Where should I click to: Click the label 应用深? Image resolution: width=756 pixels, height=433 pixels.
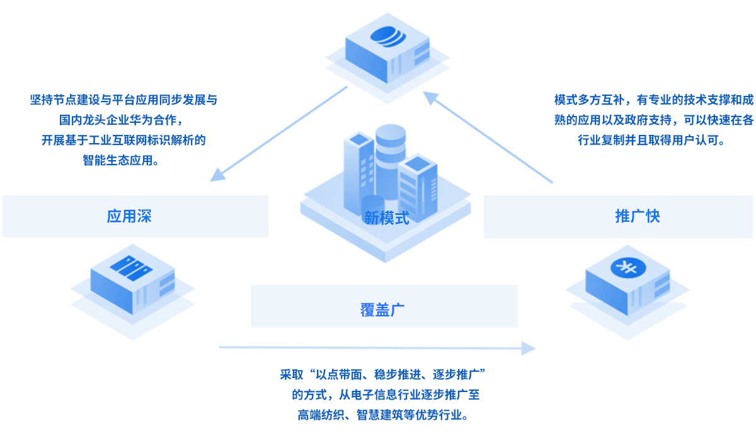pyautogui.click(x=129, y=217)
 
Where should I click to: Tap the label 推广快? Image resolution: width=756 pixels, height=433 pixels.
pyautogui.click(x=638, y=217)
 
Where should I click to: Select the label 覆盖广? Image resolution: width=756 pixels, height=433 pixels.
pyautogui.click(x=382, y=309)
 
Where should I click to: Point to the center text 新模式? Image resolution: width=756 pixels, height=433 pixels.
pyautogui.click(x=387, y=219)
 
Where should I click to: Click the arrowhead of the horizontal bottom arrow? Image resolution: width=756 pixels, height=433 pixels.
pyautogui.click(x=528, y=347)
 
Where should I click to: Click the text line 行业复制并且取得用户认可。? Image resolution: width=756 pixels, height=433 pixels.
pyautogui.click(x=651, y=141)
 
